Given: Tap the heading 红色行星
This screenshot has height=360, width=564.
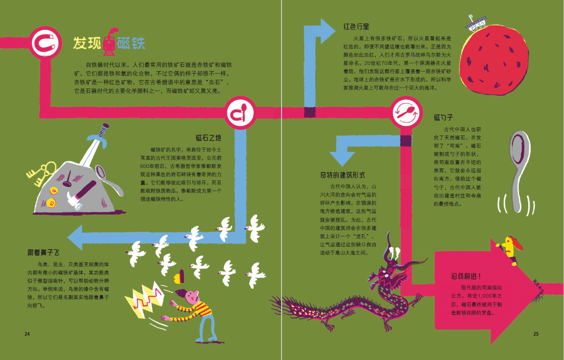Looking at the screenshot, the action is point(356,26).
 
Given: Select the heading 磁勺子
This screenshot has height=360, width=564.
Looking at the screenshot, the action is point(443,118).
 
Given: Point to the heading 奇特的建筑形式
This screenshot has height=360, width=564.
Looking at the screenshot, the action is point(342,175).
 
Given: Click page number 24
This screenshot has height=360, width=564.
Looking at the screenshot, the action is point(27,334).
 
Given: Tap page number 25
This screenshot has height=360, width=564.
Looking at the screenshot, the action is point(535,334).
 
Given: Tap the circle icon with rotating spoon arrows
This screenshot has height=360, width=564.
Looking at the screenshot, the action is point(407,113).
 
